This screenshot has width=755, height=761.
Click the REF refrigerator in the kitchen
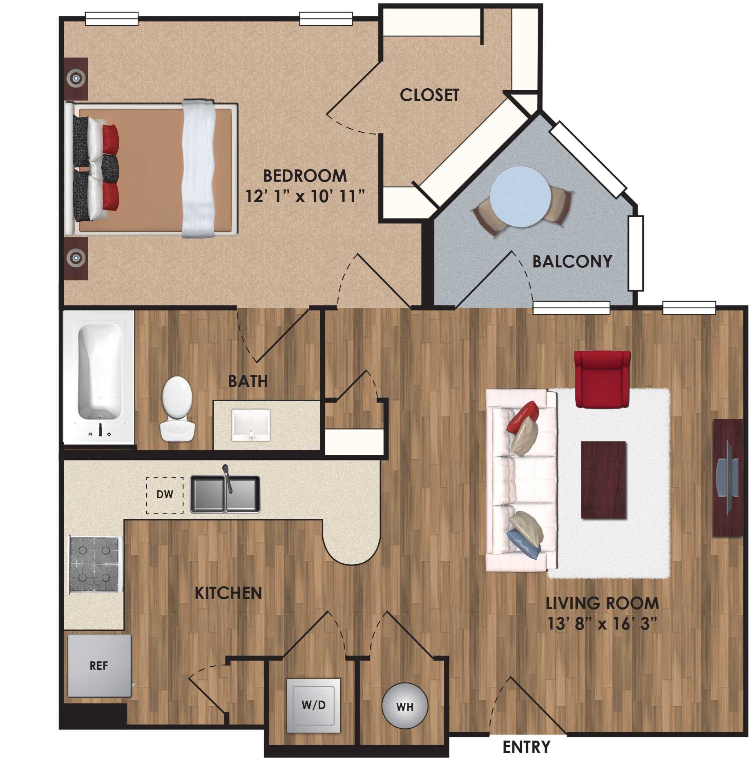(x=99, y=666)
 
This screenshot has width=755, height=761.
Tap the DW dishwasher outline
(x=165, y=495)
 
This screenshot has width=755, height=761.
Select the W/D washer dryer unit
(x=313, y=705)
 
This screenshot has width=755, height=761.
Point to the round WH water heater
(x=404, y=706)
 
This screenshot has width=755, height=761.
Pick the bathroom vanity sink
(x=251, y=425)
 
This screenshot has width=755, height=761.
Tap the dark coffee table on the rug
(x=603, y=480)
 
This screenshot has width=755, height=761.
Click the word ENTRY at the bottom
(x=526, y=747)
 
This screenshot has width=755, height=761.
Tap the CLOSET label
(x=429, y=95)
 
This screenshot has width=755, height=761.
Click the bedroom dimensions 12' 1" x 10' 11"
(x=305, y=197)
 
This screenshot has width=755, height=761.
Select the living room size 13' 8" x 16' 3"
(x=602, y=623)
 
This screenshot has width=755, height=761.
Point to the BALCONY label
(x=572, y=261)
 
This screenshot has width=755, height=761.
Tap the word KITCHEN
(x=228, y=593)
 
